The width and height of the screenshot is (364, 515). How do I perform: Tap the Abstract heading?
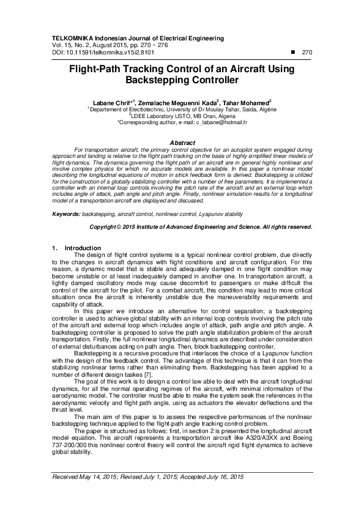[x=181, y=142]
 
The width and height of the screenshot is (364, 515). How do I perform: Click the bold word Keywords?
[x=65, y=215]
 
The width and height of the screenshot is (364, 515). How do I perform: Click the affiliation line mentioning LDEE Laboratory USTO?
[x=181, y=116]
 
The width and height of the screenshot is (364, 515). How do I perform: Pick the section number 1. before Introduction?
[x=54, y=248]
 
